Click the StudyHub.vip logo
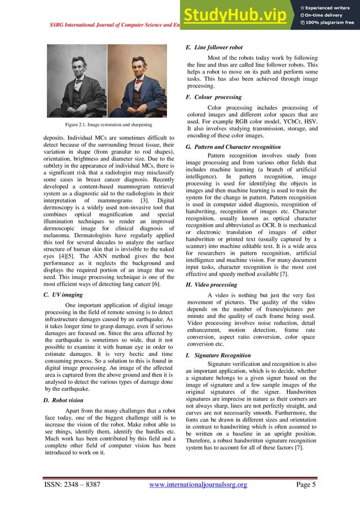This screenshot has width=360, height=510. coord(240,16)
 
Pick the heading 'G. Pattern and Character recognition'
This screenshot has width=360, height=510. coord(237,146)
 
